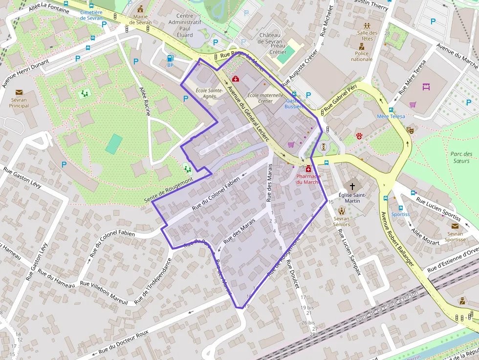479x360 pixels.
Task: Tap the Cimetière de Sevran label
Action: click(x=91, y=15)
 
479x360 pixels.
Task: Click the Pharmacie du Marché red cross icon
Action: click(x=308, y=169)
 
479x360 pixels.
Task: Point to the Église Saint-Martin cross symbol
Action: click(x=352, y=186)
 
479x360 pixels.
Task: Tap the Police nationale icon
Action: click(x=362, y=47)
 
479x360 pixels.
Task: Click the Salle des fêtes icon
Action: click(x=368, y=25)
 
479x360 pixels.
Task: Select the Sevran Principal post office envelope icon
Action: click(x=19, y=92)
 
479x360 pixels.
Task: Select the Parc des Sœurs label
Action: click(x=461, y=157)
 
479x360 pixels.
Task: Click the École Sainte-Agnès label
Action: click(x=209, y=93)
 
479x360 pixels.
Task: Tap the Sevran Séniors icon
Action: click(x=341, y=211)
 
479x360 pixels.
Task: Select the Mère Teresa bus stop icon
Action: click(x=391, y=109)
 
